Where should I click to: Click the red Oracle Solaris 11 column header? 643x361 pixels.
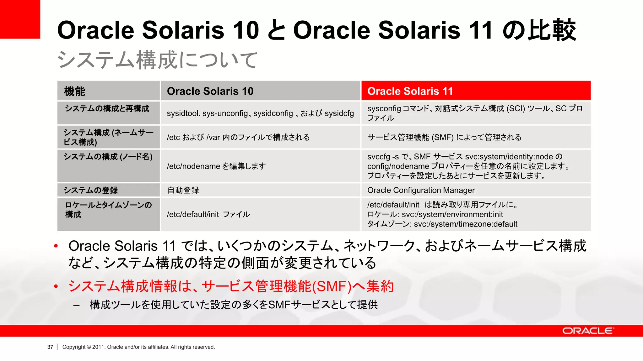pos(476,91)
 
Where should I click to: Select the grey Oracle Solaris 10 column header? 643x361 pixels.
pos(260,91)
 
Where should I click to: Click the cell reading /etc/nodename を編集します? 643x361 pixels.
pos(216,166)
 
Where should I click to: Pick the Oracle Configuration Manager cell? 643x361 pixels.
pos(421,190)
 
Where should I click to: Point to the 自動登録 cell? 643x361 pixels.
pos(183,190)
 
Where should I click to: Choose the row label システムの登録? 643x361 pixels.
pos(91,190)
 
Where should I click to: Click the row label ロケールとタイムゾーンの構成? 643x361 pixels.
pos(108,210)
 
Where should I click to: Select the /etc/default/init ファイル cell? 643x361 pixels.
pos(208,214)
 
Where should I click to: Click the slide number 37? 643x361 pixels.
pos(50,347)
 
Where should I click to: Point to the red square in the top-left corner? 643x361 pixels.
pos(20,19)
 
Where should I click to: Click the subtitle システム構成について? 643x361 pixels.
pos(157,60)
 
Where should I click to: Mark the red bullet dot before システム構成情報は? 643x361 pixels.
pos(56,286)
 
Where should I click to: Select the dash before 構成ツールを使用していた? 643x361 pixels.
pos(76,305)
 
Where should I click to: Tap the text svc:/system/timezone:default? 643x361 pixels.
pos(466,224)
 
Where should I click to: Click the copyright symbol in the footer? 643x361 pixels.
pos(89,347)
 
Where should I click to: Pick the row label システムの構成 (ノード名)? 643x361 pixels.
pos(108,156)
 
